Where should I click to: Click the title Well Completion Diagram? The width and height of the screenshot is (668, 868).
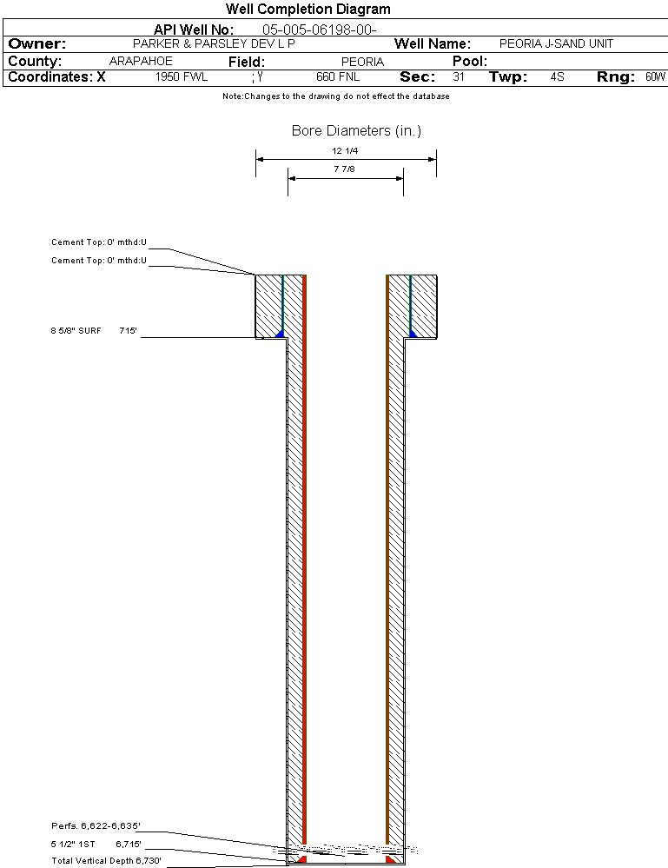(308, 9)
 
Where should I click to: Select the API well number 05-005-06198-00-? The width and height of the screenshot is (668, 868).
(320, 30)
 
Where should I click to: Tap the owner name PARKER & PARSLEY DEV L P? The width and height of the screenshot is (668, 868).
(214, 43)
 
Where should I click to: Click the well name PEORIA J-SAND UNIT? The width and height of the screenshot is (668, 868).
(556, 43)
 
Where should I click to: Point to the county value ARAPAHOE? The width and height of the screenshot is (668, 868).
(141, 61)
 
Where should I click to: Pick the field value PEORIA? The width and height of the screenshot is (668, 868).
(362, 62)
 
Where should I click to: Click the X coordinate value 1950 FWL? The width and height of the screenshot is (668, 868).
(182, 76)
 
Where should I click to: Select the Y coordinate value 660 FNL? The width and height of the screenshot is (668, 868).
(338, 76)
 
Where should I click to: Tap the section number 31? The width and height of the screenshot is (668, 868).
(459, 76)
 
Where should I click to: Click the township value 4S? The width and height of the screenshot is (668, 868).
(558, 76)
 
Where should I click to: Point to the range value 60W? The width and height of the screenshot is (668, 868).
(655, 76)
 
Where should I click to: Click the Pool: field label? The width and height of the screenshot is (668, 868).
(470, 61)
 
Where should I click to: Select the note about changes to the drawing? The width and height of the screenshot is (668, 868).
(336, 96)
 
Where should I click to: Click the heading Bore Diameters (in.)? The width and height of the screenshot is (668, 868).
(356, 130)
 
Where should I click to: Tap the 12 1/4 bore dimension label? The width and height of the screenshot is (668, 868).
(345, 150)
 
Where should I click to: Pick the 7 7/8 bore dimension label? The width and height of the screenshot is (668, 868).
(344, 169)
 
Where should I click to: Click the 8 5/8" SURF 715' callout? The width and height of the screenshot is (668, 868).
(94, 330)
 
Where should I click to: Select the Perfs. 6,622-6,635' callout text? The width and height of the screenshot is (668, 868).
(96, 826)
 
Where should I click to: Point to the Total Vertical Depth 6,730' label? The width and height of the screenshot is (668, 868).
(106, 860)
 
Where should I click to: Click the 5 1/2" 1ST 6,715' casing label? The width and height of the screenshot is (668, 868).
(96, 845)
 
